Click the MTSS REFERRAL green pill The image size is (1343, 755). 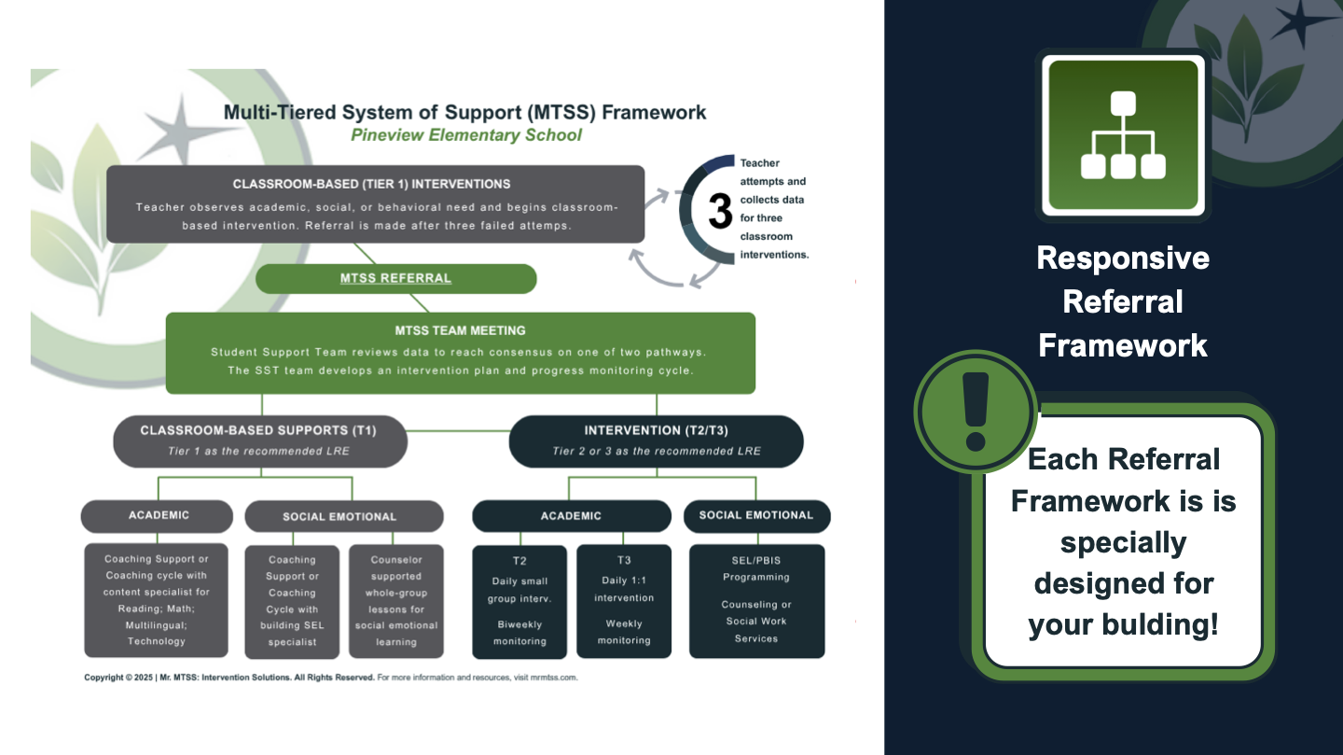[395, 278]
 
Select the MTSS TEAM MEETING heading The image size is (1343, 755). [460, 330]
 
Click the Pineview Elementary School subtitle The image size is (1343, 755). [465, 135]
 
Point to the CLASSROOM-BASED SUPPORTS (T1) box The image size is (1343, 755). [259, 440]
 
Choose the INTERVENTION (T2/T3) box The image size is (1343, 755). [656, 440]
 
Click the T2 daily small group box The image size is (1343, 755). [519, 601]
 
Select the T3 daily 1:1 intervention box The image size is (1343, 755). [624, 601]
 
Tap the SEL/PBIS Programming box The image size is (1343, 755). [756, 601]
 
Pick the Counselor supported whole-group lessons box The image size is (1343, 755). [396, 601]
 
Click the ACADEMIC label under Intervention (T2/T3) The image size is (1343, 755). [571, 516]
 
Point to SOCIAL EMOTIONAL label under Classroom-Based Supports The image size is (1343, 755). [339, 516]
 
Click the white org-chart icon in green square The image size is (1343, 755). [1123, 135]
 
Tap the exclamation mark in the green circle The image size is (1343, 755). [975, 411]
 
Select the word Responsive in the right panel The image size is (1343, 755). [1123, 258]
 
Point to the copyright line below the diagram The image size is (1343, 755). [331, 678]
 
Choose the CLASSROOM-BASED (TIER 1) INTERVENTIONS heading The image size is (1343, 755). [371, 184]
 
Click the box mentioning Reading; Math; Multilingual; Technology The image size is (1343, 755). [157, 600]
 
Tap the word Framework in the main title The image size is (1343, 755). [654, 113]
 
